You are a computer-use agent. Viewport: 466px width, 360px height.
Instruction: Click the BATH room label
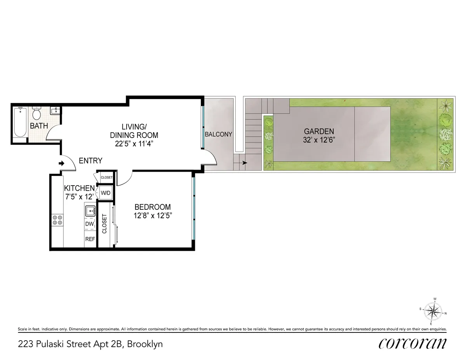coord(39,126)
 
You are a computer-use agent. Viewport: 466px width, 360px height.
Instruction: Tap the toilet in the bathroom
coord(37,114)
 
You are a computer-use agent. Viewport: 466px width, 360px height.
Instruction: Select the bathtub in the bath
coord(19,122)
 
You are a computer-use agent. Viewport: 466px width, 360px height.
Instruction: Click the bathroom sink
coord(55,111)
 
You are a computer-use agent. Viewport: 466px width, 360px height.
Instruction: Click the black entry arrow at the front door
coord(61,163)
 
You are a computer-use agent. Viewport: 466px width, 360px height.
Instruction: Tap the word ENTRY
coord(90,161)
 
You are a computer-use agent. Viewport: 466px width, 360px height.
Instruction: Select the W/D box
coord(105,193)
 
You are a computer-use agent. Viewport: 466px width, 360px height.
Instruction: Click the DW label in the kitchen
coord(89,224)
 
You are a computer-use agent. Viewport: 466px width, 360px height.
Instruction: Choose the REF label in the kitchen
coord(90,239)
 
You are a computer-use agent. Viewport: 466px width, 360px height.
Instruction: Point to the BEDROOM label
coord(152,207)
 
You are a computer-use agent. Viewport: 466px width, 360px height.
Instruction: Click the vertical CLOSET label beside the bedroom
coord(104,224)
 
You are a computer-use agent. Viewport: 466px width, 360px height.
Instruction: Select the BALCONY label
coord(218,134)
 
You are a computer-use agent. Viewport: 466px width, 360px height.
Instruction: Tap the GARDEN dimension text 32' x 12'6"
coord(319,140)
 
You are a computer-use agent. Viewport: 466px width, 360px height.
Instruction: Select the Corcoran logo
coord(412,343)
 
